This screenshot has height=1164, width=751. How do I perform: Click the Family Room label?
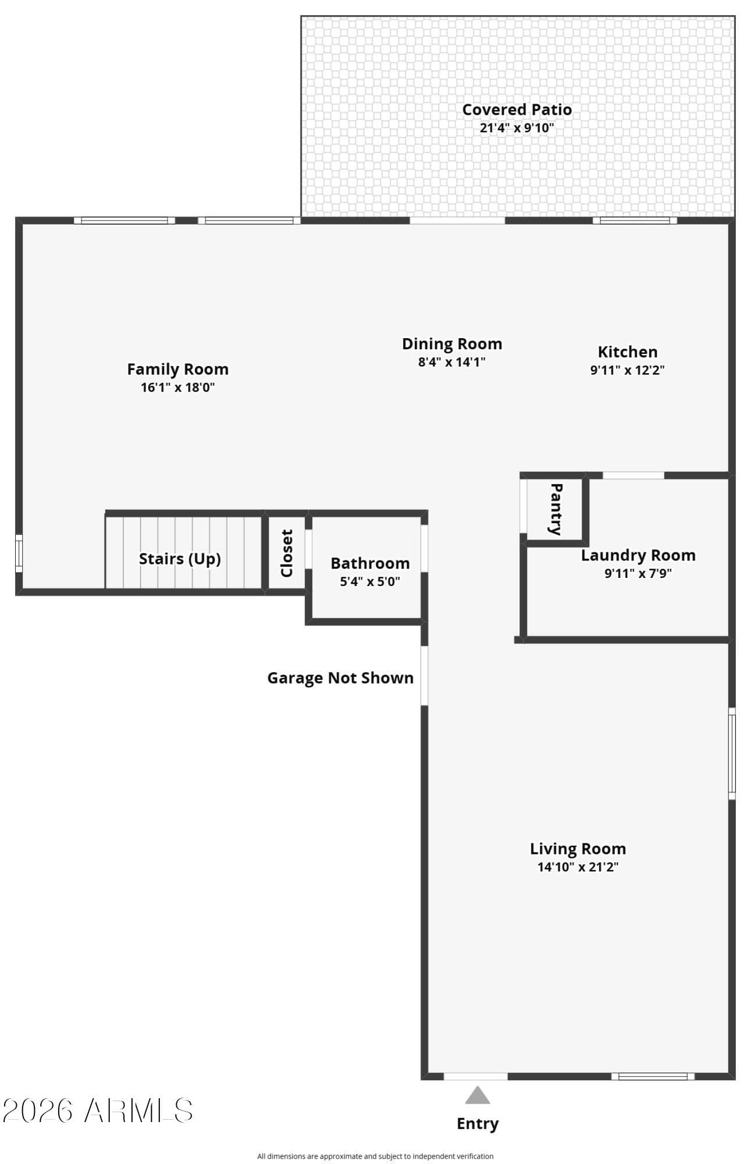(x=177, y=370)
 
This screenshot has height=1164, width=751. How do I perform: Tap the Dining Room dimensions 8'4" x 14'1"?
(x=452, y=362)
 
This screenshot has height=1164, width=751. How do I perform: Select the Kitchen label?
(x=628, y=352)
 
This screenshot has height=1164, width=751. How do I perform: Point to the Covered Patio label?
(x=517, y=109)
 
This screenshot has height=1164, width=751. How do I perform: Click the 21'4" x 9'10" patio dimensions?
(x=517, y=128)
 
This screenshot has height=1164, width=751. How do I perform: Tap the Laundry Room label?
(x=638, y=555)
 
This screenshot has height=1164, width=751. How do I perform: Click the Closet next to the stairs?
(x=287, y=553)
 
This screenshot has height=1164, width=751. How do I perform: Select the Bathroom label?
(x=370, y=563)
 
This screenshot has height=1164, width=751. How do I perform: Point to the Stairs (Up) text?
(x=180, y=559)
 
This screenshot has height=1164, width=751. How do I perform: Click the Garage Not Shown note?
(x=340, y=678)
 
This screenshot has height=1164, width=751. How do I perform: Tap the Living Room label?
(x=578, y=849)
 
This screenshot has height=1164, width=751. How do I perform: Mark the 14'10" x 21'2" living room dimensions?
(x=578, y=867)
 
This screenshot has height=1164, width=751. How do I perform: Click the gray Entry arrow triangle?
(x=477, y=1095)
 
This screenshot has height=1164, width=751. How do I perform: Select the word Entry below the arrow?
(x=478, y=1124)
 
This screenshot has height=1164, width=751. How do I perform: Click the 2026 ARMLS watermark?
(x=98, y=1110)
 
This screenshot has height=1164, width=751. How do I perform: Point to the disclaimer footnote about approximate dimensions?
(x=375, y=1156)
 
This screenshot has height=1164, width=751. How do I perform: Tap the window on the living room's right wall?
(x=732, y=754)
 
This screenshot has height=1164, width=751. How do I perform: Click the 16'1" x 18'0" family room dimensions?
(x=177, y=388)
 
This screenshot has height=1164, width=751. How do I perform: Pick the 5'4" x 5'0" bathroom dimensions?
(x=370, y=581)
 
